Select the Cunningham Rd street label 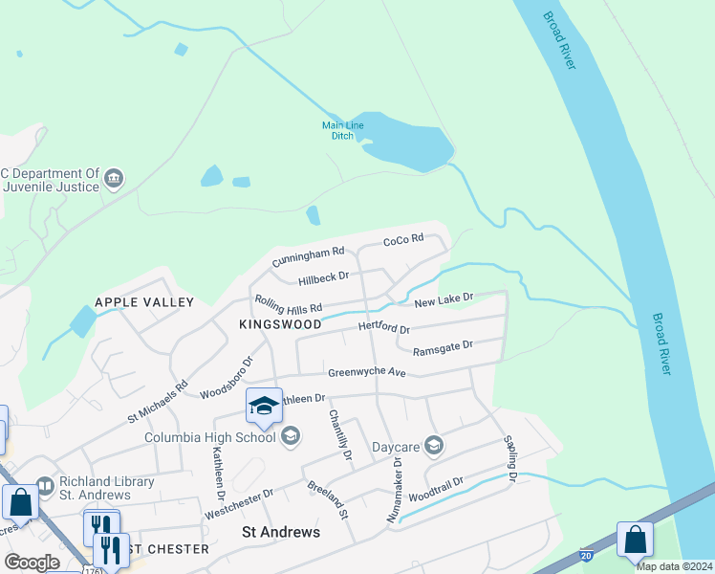point(307,256)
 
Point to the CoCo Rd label point(402,240)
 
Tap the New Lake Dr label point(444,300)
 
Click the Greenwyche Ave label point(367,372)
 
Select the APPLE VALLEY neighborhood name point(144,302)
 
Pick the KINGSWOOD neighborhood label point(280,325)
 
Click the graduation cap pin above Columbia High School point(264,407)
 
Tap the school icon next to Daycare point(434,445)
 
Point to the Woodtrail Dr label point(435,491)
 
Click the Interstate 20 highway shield point(585,555)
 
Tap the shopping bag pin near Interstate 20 point(635,541)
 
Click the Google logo point(32,563)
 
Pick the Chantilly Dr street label point(340,434)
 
